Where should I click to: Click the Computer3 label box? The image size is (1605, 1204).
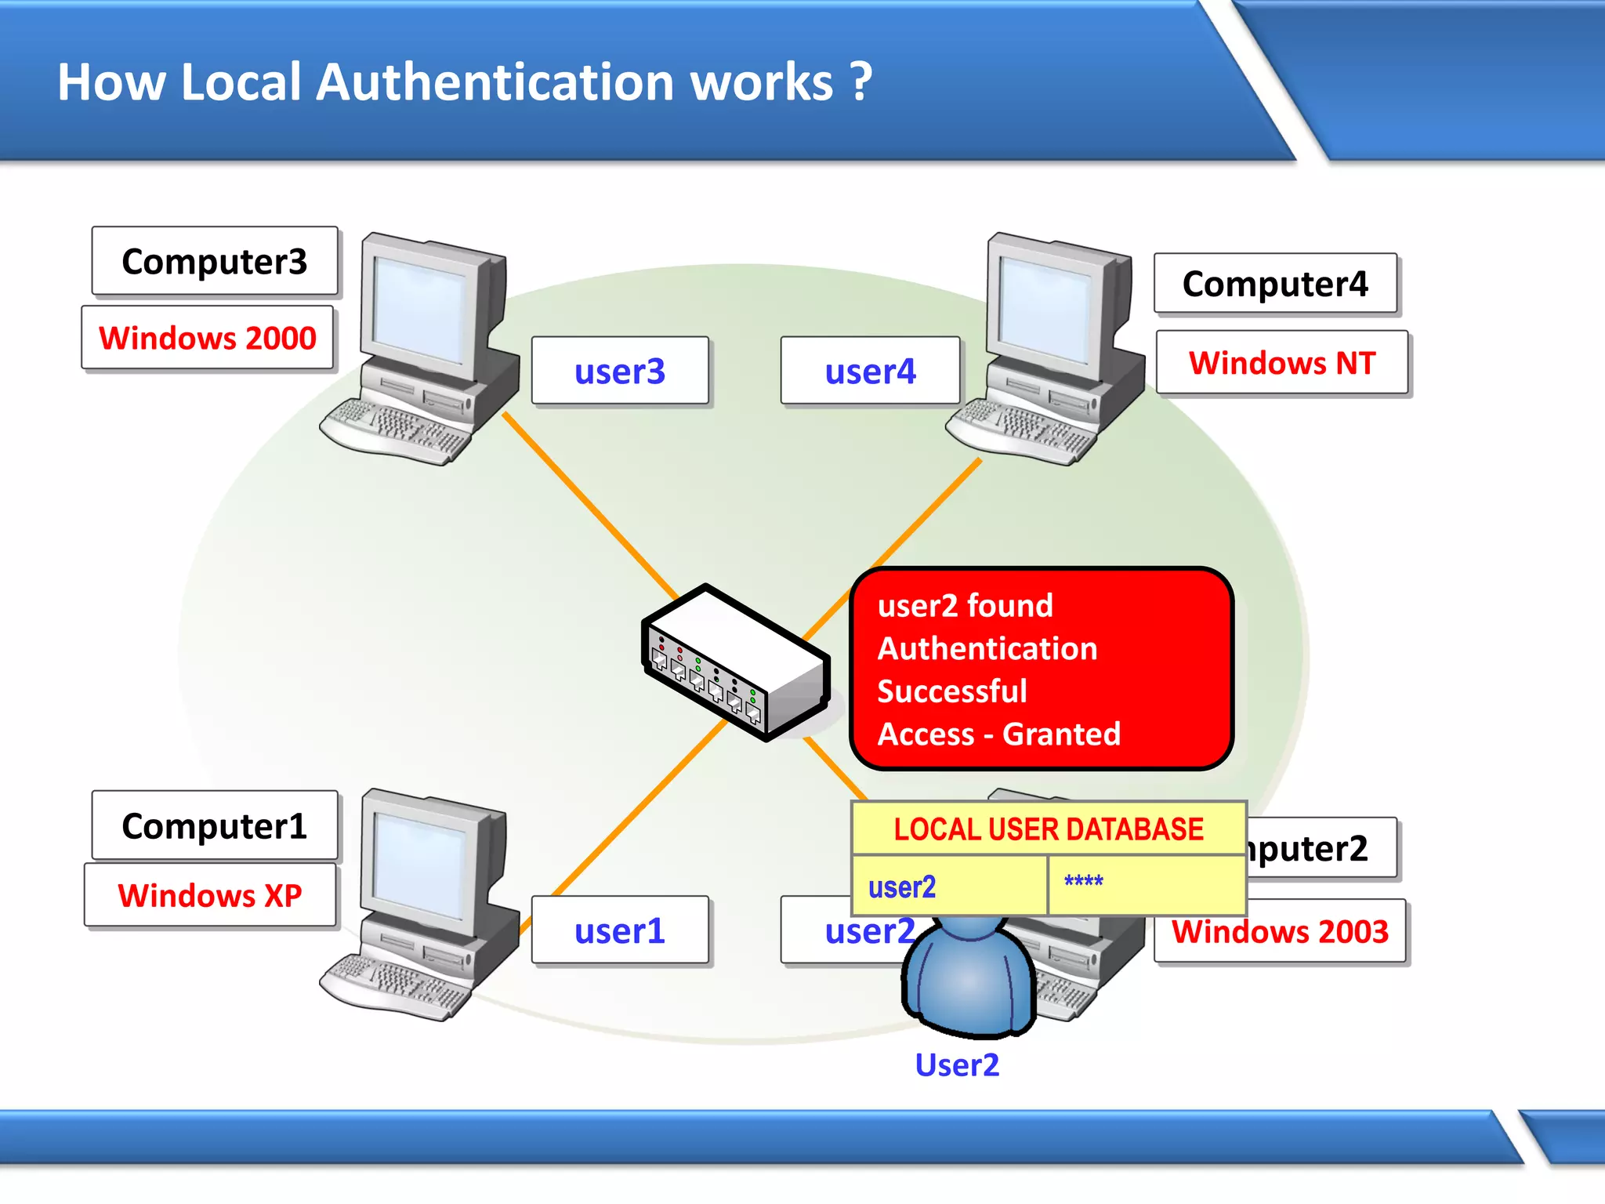point(214,261)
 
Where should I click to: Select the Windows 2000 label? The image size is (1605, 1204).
point(208,338)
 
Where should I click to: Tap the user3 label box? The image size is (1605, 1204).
point(619,371)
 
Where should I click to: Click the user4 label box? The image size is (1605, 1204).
point(870,371)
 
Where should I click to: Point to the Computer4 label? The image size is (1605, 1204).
point(1275,284)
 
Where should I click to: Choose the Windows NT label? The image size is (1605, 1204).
point(1282,363)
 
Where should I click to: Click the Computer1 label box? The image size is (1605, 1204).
point(214,825)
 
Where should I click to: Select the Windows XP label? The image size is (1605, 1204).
point(210,895)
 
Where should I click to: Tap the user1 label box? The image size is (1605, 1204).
point(619,930)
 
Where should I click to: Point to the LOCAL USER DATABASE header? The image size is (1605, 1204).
point(1049,829)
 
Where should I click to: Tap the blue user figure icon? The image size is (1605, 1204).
point(969,980)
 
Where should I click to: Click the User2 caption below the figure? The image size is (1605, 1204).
point(957,1064)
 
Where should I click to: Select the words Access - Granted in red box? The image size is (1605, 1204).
point(998,734)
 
